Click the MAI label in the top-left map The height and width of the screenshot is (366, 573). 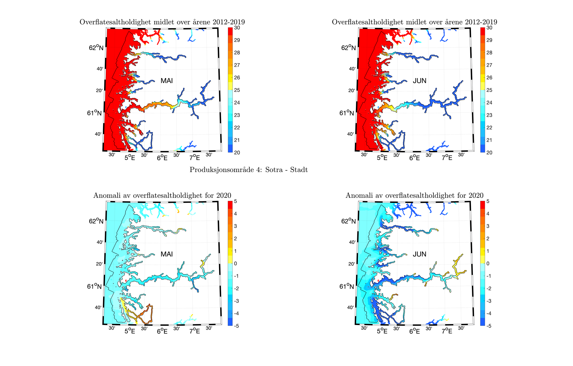point(166,81)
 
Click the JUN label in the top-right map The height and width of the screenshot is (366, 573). point(419,81)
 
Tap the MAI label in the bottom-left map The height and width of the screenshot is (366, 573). point(166,254)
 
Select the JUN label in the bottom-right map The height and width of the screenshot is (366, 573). point(419,254)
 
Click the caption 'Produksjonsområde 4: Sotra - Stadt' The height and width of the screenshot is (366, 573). point(249,170)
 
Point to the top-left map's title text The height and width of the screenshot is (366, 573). point(162,22)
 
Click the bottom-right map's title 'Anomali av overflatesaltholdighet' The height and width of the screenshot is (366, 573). point(414,195)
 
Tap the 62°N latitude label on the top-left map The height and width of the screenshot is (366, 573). point(96,48)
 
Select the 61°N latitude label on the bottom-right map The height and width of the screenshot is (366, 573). point(347,286)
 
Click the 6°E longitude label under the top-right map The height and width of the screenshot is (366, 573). point(414,158)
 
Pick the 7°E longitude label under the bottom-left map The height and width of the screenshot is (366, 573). point(195,331)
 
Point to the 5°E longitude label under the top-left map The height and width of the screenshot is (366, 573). point(130,158)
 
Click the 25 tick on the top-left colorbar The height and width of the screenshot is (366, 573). point(237,90)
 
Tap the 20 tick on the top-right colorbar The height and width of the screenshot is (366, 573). point(489,153)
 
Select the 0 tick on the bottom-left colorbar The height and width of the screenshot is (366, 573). point(236,263)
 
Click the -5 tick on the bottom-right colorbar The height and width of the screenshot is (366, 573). point(488,326)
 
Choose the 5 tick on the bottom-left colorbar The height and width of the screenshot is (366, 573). point(236,201)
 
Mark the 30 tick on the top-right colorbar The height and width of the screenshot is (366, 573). point(489,28)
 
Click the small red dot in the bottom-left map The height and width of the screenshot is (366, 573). point(126,281)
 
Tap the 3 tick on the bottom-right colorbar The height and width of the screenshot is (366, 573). point(487,226)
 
